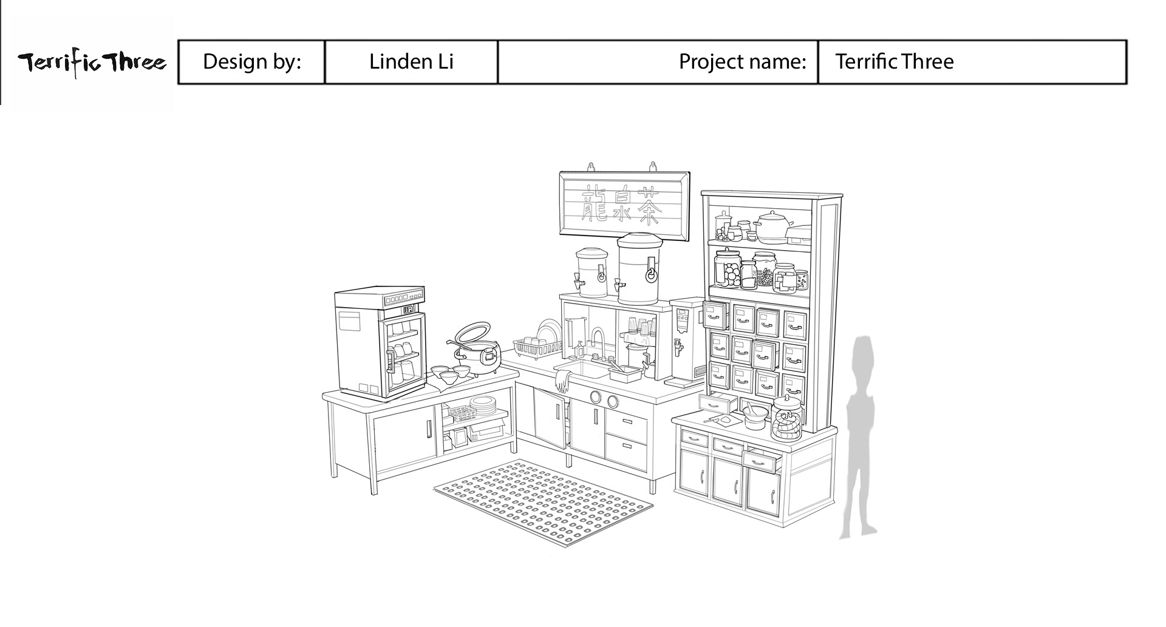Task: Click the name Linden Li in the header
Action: tap(411, 61)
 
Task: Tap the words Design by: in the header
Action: tap(251, 61)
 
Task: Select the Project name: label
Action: tap(742, 61)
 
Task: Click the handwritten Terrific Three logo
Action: tap(91, 63)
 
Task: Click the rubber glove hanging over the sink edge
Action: tap(562, 380)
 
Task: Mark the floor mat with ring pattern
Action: tap(544, 502)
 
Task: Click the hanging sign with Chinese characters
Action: tap(624, 203)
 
